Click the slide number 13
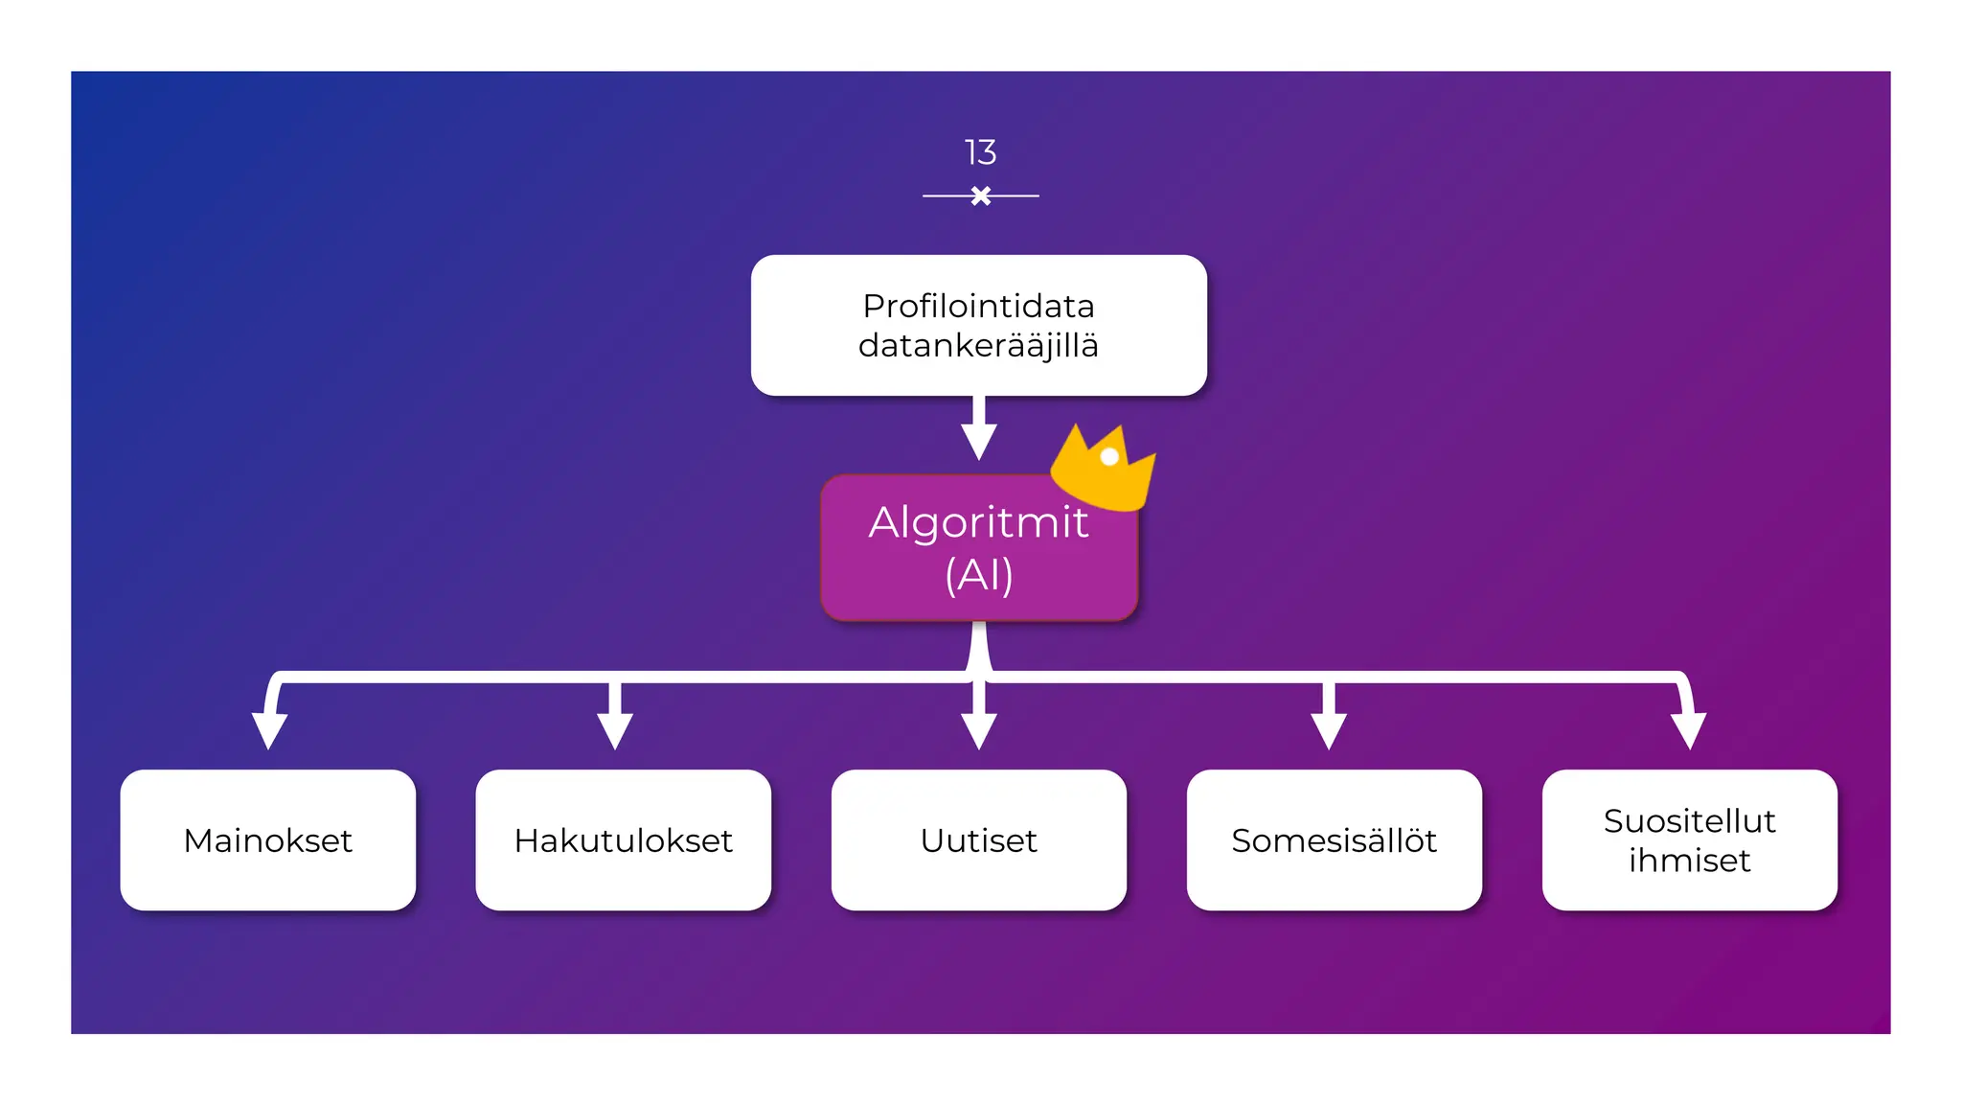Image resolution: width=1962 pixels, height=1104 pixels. click(980, 152)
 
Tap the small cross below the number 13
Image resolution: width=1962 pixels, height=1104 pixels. click(980, 195)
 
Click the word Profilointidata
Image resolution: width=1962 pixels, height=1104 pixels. click(978, 306)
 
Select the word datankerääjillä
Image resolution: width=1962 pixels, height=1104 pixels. click(978, 345)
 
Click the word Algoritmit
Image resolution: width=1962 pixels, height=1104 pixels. click(978, 522)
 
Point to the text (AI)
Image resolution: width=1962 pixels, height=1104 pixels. click(978, 575)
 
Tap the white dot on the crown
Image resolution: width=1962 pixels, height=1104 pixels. click(1109, 457)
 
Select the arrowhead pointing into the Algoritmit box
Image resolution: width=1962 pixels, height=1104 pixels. click(978, 442)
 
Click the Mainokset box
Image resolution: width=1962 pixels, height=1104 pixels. click(268, 839)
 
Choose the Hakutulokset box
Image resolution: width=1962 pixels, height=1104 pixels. click(624, 839)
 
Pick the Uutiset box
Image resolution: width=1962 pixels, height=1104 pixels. click(978, 839)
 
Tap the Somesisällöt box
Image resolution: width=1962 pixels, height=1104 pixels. click(1334, 839)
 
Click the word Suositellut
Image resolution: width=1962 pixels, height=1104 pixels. click(1689, 820)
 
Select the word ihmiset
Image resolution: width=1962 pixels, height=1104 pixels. click(1689, 861)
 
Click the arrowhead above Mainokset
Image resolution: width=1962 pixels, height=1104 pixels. click(269, 730)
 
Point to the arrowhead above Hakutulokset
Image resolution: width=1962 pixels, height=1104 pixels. click(614, 730)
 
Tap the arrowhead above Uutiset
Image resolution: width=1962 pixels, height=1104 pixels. click(978, 730)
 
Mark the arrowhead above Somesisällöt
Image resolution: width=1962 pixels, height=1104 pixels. click(1329, 730)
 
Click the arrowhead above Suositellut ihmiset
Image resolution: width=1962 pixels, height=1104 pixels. click(1688, 730)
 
